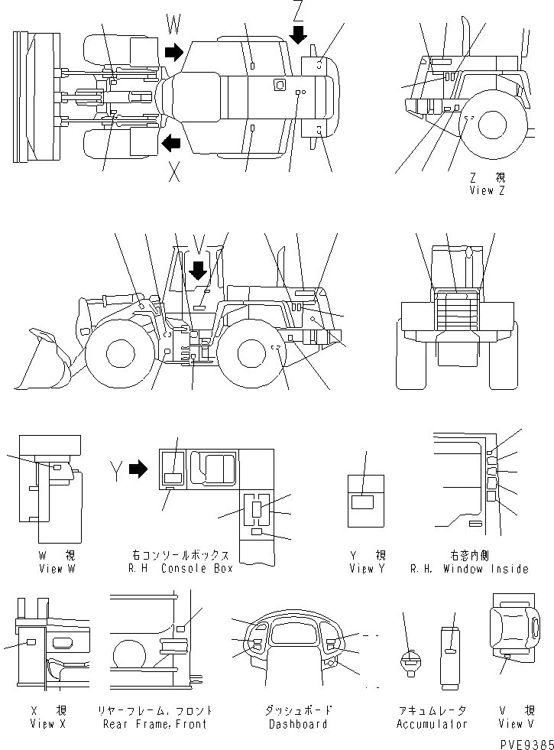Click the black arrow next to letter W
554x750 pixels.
[x=174, y=52]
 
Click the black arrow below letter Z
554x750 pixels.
[x=298, y=34]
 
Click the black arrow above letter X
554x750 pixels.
[x=171, y=141]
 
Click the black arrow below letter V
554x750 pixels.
[x=198, y=270]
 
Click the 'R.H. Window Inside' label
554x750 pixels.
[x=468, y=568]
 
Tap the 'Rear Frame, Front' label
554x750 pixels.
[x=155, y=723]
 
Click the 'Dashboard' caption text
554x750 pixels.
[x=298, y=723]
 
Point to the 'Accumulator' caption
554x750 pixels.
[x=432, y=723]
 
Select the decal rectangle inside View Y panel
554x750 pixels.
[x=362, y=502]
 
